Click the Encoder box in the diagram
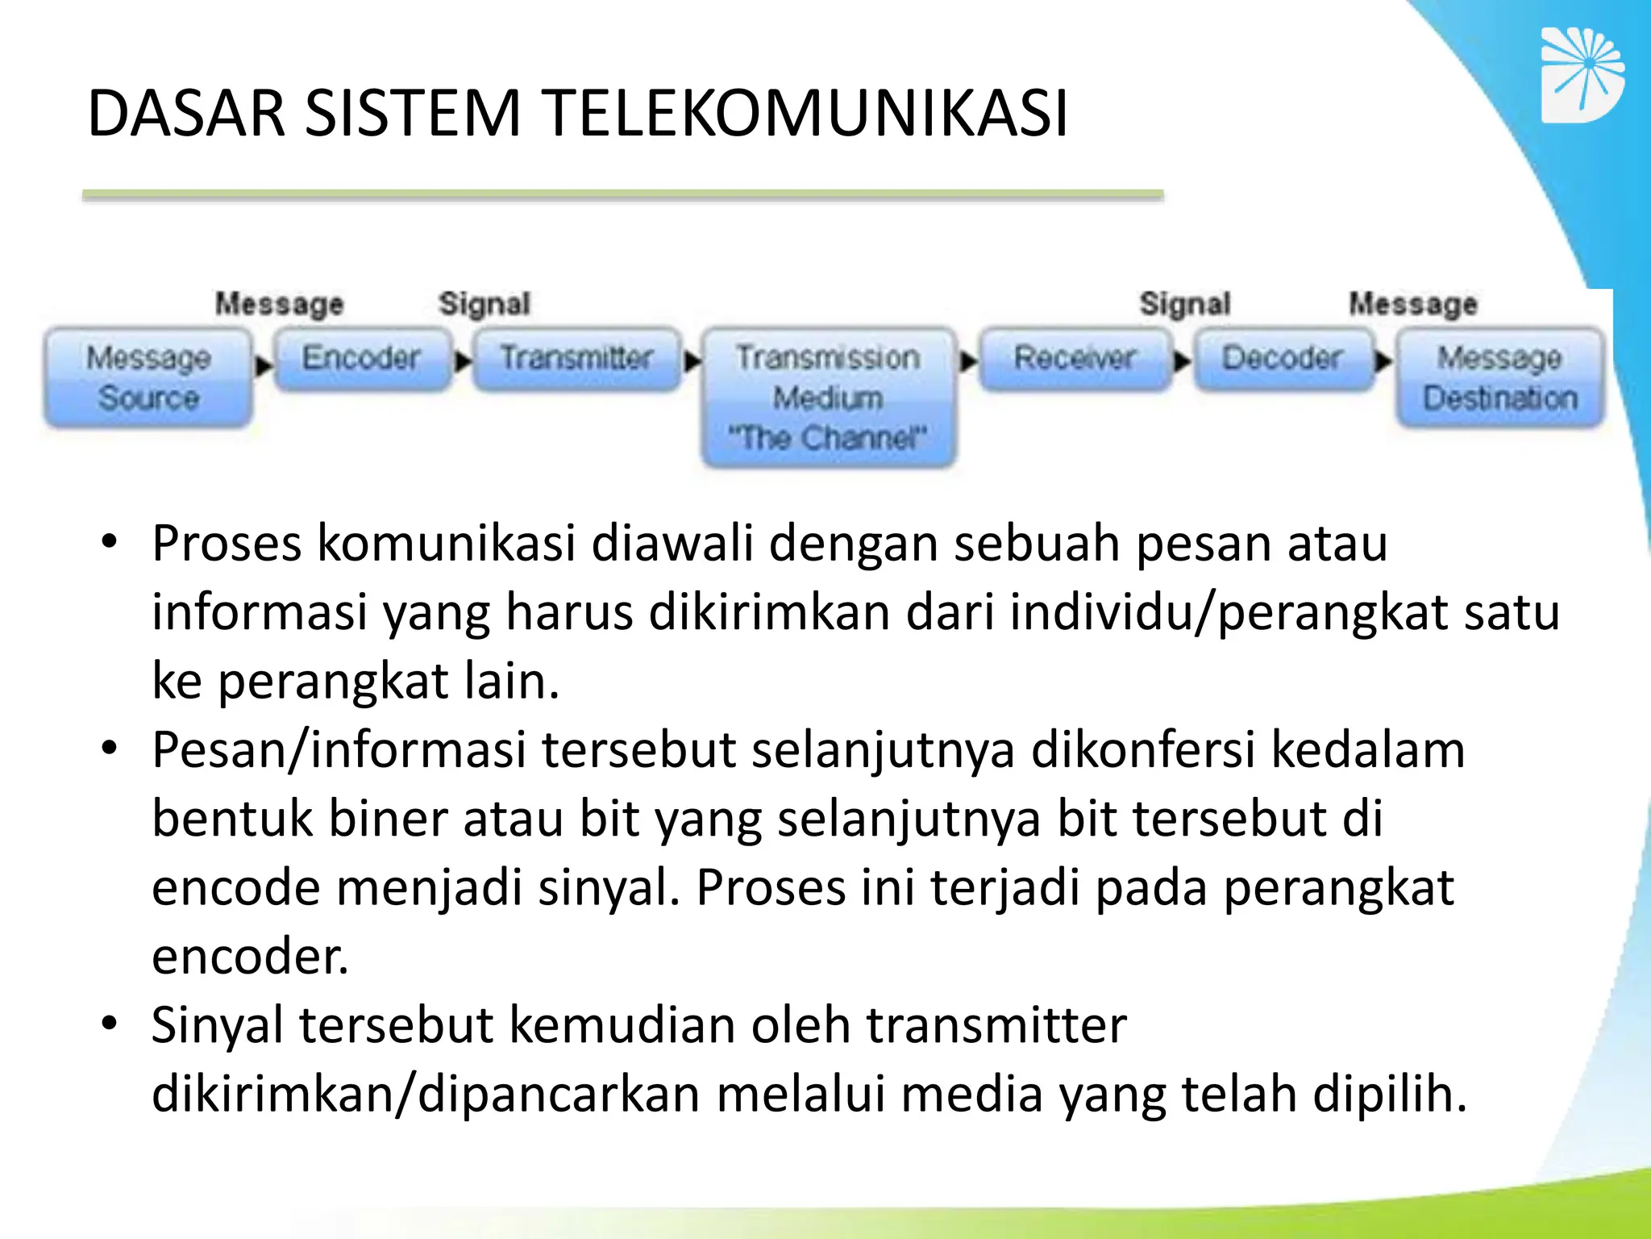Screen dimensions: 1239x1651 [x=361, y=358]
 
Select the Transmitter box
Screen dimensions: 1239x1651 [x=576, y=358]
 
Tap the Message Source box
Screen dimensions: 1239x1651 [x=148, y=377]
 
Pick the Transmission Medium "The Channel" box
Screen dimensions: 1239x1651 [x=828, y=397]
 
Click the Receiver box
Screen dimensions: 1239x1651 [x=1075, y=358]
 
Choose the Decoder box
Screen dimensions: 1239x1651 [x=1282, y=358]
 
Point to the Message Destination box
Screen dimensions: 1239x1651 [x=1499, y=377]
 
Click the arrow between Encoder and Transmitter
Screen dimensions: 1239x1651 [x=463, y=361]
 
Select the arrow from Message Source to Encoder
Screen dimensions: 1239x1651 [x=263, y=365]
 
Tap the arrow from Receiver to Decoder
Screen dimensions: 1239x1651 [x=1182, y=361]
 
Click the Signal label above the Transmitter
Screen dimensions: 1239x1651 [x=484, y=304]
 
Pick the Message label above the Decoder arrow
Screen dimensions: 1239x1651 [x=1413, y=304]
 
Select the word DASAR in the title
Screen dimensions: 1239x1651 [x=186, y=113]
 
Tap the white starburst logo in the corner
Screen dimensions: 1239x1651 [x=1582, y=75]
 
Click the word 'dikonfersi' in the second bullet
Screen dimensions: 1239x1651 [x=1143, y=750]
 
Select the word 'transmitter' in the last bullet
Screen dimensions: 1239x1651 [x=996, y=1026]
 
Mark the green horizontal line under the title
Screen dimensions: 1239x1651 [x=622, y=194]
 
